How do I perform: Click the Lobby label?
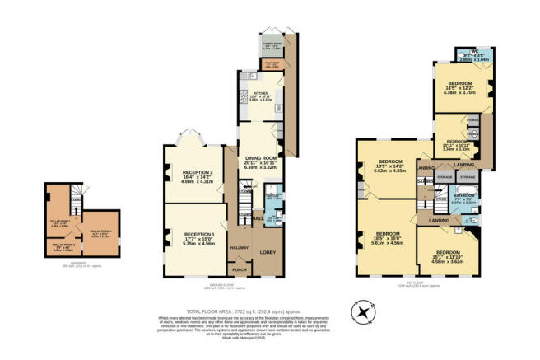[x=268, y=252]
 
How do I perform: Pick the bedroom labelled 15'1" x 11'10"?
[x=448, y=255]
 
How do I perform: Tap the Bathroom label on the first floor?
[x=463, y=198]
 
